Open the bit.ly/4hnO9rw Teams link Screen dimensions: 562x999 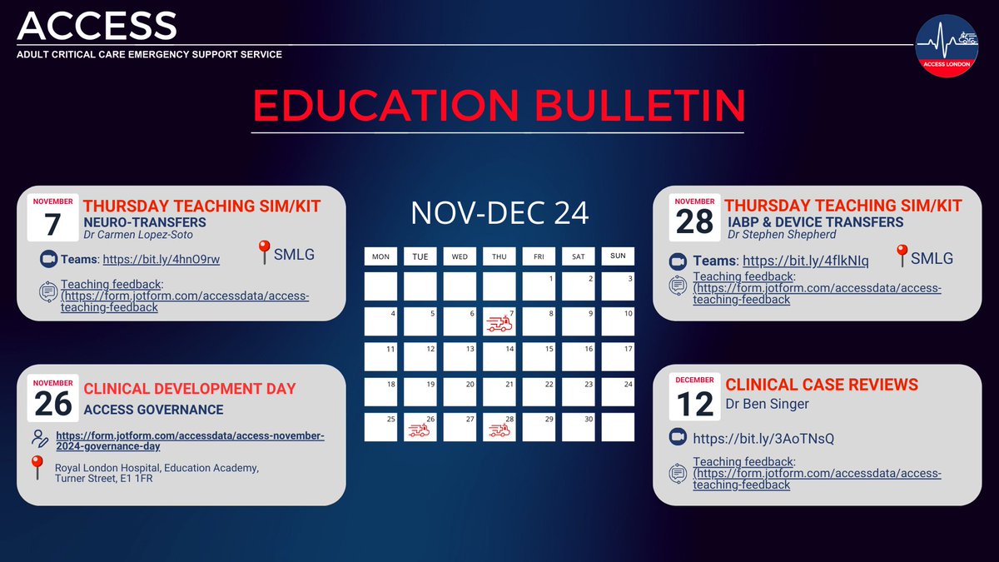[x=172, y=260]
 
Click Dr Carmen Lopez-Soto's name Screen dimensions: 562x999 [x=138, y=235]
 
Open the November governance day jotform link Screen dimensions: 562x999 [x=190, y=441]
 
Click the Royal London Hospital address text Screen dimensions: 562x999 [x=157, y=473]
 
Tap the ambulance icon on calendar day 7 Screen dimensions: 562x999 [x=499, y=324]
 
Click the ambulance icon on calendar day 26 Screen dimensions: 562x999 [x=420, y=430]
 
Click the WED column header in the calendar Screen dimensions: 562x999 [x=460, y=256]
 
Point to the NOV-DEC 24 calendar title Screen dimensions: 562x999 [x=499, y=213]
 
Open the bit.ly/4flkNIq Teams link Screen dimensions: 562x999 [x=805, y=261]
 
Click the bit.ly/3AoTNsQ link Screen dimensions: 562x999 [x=763, y=438]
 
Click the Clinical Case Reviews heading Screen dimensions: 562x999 [x=822, y=385]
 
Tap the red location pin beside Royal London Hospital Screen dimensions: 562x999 [x=37, y=468]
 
